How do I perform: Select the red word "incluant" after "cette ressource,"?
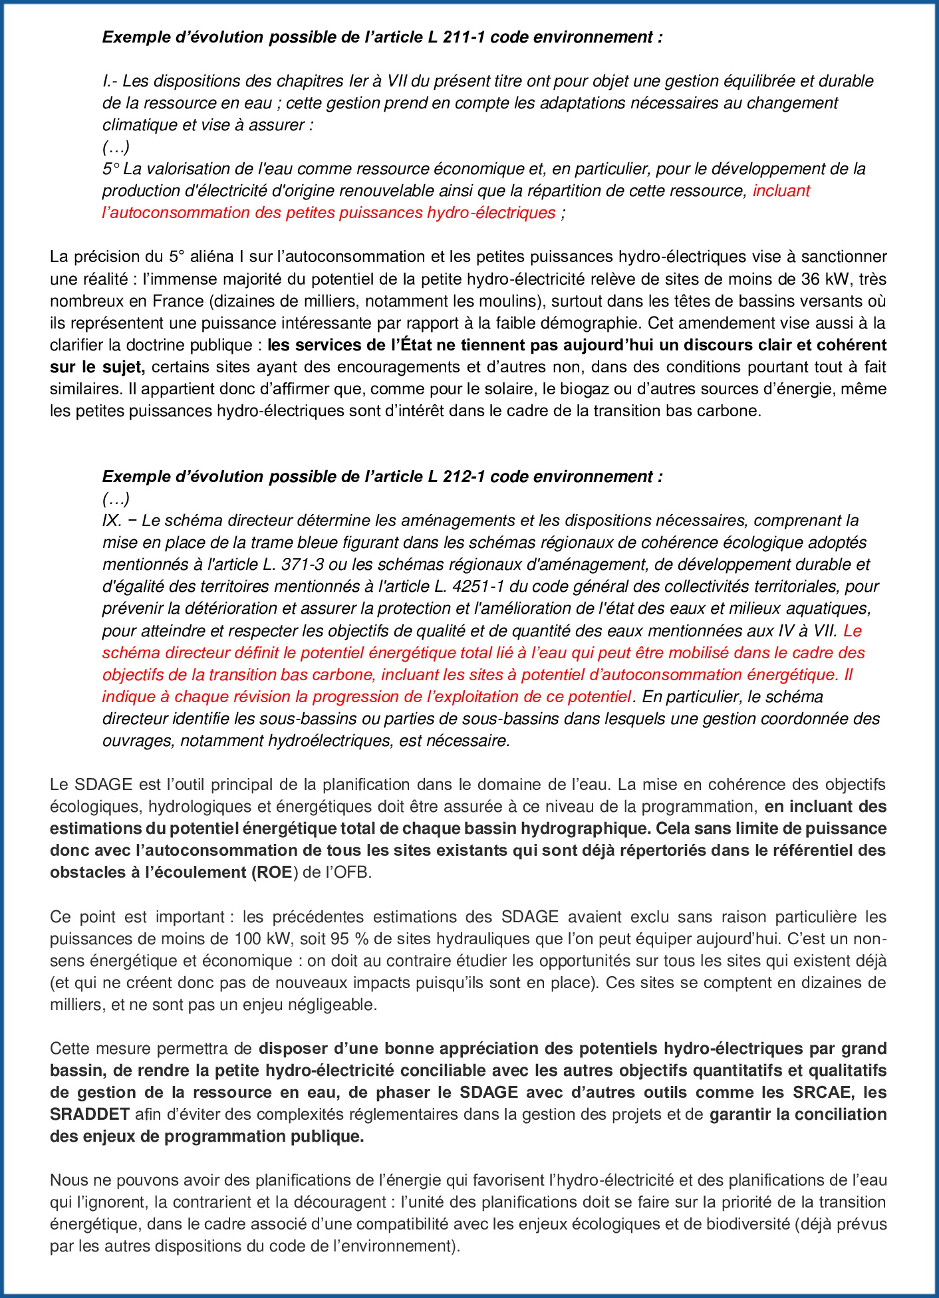click(x=781, y=191)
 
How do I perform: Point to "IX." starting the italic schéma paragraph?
click(x=112, y=521)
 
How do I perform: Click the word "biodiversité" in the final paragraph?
click(x=749, y=1224)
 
